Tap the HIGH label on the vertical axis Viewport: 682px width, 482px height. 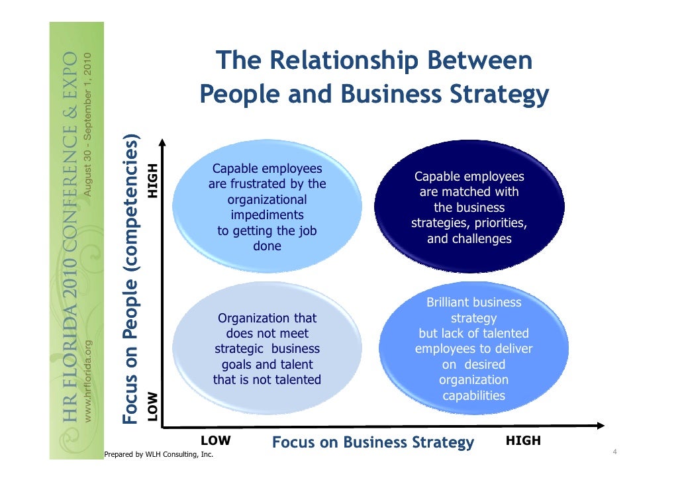coord(153,180)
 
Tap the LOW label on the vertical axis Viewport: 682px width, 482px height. coord(153,406)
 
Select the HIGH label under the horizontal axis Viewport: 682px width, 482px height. coord(523,440)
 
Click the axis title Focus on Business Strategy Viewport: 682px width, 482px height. coord(373,442)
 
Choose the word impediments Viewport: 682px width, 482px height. coord(267,215)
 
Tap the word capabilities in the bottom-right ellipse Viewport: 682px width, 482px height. coord(473,396)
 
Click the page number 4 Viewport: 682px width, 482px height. coord(615,452)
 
